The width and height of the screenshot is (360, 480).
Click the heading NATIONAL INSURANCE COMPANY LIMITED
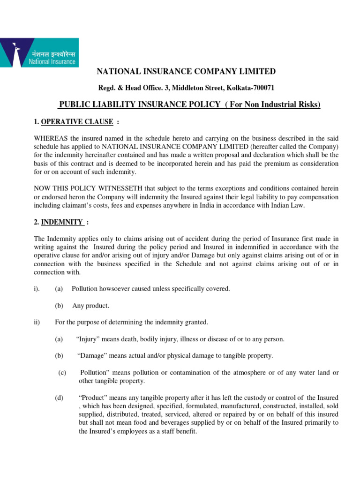tap(186, 71)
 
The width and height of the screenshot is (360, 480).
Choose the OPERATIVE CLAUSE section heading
tap(77, 122)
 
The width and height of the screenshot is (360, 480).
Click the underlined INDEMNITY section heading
tap(62, 222)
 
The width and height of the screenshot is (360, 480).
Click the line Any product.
tap(90, 306)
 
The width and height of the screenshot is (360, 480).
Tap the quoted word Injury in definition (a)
tap(87, 339)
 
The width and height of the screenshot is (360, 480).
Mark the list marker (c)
tap(62, 373)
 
